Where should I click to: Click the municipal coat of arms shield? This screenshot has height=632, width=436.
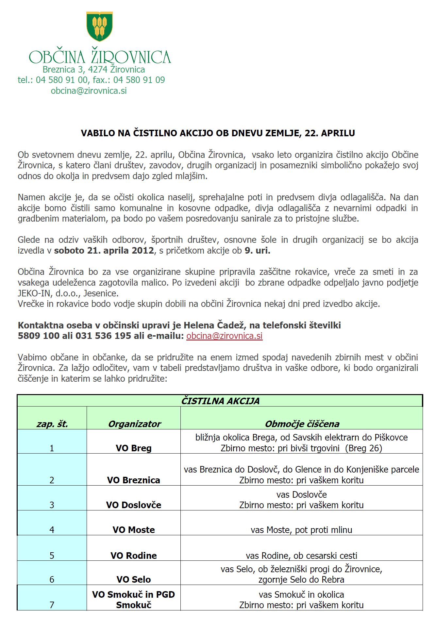tap(99, 26)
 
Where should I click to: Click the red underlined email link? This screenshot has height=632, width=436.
tap(224, 336)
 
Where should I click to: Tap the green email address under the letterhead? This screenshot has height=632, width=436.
tap(89, 91)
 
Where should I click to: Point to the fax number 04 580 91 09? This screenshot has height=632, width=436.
tap(139, 80)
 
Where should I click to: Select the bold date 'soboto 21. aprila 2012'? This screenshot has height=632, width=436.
tap(104, 250)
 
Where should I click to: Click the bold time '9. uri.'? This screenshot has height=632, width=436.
tap(258, 250)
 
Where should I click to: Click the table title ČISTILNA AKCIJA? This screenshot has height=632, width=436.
tap(220, 401)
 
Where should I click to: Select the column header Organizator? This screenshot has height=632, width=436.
tap(134, 424)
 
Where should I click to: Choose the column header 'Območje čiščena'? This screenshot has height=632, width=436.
tap(302, 424)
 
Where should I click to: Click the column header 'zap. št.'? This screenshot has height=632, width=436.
tap(52, 424)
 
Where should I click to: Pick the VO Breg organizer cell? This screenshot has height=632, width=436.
tap(133, 448)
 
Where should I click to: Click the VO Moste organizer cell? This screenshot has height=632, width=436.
tap(133, 529)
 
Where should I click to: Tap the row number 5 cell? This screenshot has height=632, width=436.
tap(52, 555)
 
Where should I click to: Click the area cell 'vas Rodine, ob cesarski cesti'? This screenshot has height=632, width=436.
tap(301, 555)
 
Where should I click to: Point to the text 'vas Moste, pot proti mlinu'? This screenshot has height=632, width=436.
tap(301, 529)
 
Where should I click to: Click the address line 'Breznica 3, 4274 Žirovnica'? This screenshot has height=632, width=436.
tap(94, 69)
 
